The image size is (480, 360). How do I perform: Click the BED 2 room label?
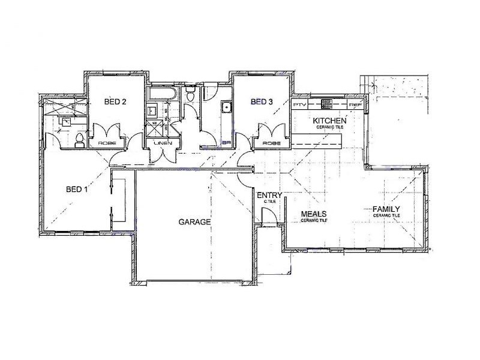[x=115, y=102]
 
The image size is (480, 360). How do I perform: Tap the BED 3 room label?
[x=262, y=102]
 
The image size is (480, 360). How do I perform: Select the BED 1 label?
[x=76, y=190]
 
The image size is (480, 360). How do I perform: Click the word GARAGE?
[x=194, y=222]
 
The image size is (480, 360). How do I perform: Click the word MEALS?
[x=313, y=214]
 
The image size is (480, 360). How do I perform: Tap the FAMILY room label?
[x=386, y=209]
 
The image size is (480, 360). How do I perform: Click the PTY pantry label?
[x=299, y=105]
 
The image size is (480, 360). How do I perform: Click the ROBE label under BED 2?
[x=109, y=143]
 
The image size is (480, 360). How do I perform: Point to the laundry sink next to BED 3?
[x=226, y=108]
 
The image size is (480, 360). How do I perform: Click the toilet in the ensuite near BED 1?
[x=79, y=140]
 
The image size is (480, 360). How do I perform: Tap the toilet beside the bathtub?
[x=191, y=94]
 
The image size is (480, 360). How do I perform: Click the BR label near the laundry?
[x=226, y=143]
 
